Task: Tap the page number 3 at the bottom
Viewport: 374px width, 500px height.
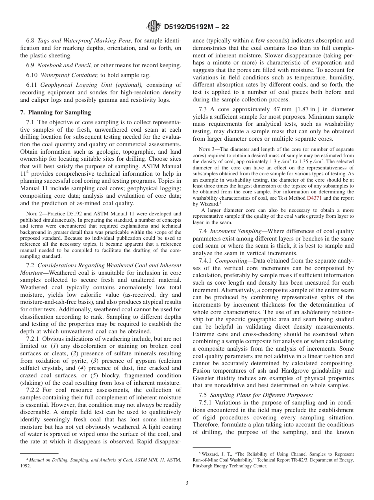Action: [187, 483]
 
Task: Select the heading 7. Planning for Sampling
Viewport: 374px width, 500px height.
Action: [56, 112]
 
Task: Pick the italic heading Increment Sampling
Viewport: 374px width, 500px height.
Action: [236, 231]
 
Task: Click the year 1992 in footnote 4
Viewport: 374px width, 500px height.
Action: [25, 466]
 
